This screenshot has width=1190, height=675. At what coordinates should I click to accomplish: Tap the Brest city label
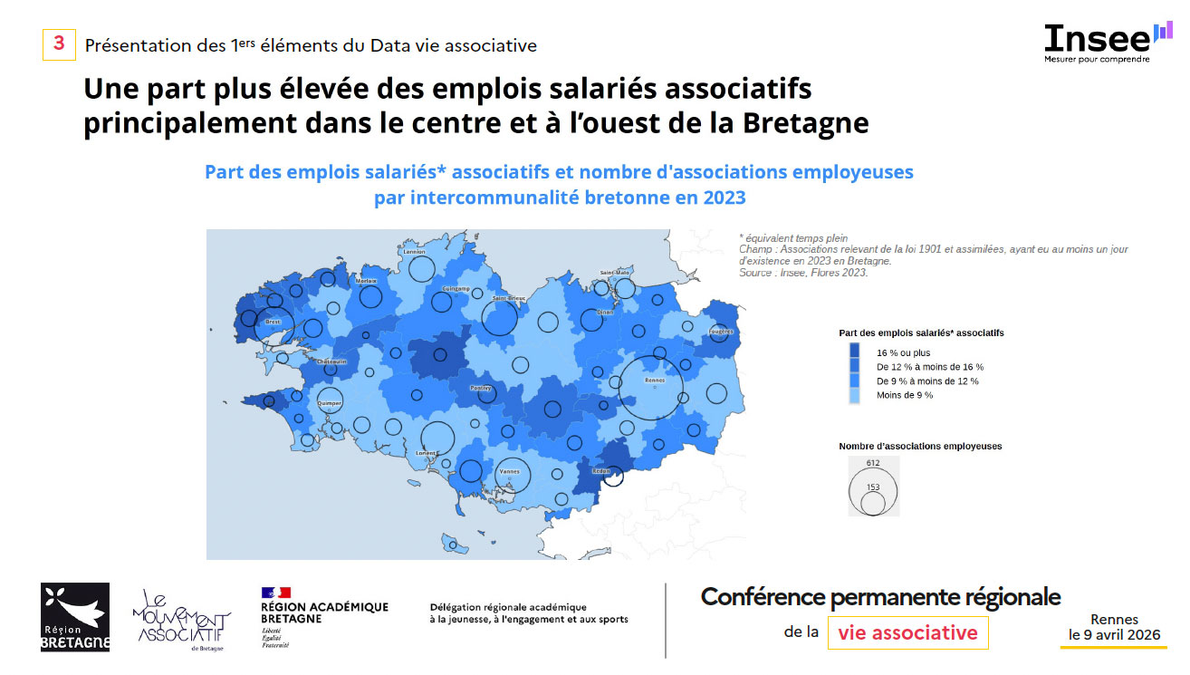click(x=272, y=322)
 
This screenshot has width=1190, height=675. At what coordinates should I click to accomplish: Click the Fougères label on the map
click(x=721, y=332)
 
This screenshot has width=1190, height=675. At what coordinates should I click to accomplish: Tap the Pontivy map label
click(x=480, y=388)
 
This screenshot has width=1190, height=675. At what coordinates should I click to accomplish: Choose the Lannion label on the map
click(x=414, y=252)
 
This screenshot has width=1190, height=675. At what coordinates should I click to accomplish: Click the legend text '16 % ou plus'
click(x=903, y=352)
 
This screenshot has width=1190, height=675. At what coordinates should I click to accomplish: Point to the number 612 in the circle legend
click(x=872, y=463)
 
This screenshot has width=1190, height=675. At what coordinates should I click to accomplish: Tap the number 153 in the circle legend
click(x=872, y=487)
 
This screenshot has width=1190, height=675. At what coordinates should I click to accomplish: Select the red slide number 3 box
click(x=59, y=44)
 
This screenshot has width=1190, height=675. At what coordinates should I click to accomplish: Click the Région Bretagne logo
click(x=75, y=617)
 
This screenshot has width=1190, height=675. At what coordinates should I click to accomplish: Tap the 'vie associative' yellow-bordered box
click(x=907, y=632)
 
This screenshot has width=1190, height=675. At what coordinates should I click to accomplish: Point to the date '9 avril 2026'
click(x=1114, y=635)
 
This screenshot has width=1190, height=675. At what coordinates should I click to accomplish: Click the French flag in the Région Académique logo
click(x=275, y=593)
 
